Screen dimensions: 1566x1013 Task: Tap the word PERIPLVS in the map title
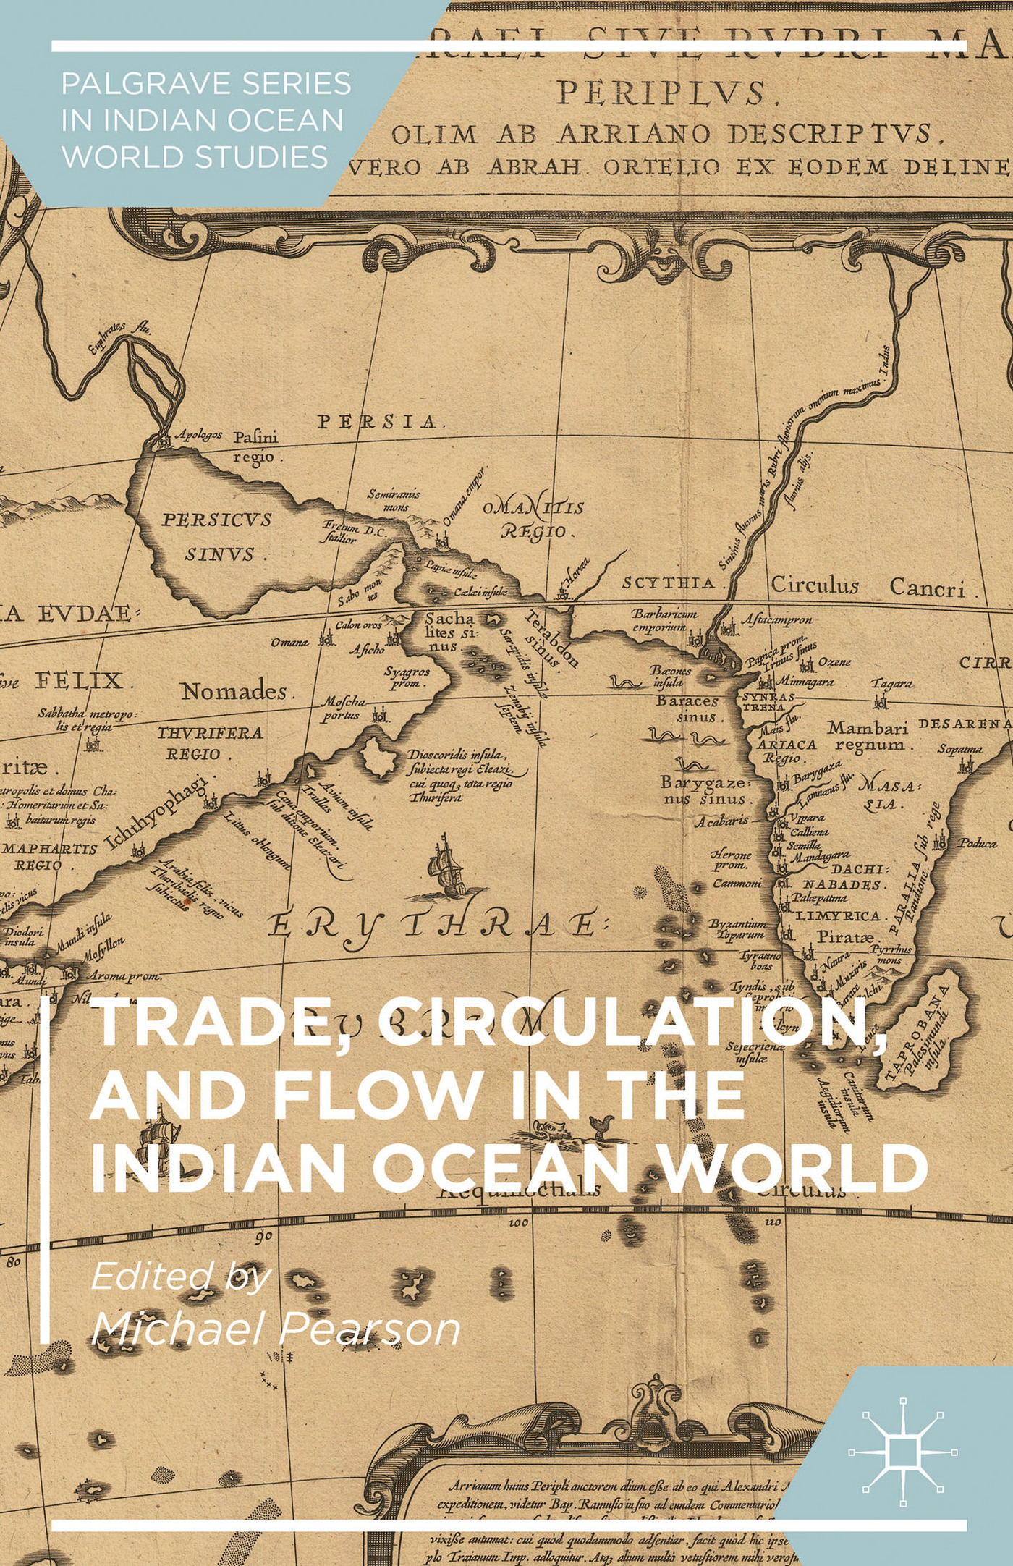(662, 94)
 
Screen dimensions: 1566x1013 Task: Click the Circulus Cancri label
(868, 586)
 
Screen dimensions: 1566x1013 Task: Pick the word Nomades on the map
(234, 692)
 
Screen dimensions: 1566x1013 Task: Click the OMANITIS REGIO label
(534, 520)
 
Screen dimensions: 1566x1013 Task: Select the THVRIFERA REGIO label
(210, 743)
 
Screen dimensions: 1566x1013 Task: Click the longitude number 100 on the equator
(518, 1222)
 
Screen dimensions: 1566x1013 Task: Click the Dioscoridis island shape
(378, 758)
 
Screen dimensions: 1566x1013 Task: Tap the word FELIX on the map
(79, 681)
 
